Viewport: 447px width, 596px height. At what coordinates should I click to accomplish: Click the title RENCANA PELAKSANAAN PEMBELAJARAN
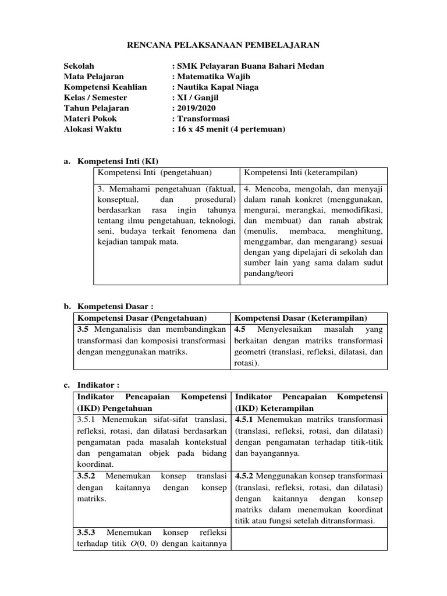coord(223,45)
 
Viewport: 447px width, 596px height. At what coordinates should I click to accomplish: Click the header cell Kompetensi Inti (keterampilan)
coord(300,173)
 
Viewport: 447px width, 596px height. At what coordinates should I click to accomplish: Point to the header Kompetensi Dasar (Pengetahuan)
coord(143,318)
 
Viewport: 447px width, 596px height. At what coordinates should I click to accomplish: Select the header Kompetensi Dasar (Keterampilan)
coord(300,318)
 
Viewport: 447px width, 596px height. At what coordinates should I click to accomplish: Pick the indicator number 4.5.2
coord(244,476)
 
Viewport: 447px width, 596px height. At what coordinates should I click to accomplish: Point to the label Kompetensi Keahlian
coord(105,87)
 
